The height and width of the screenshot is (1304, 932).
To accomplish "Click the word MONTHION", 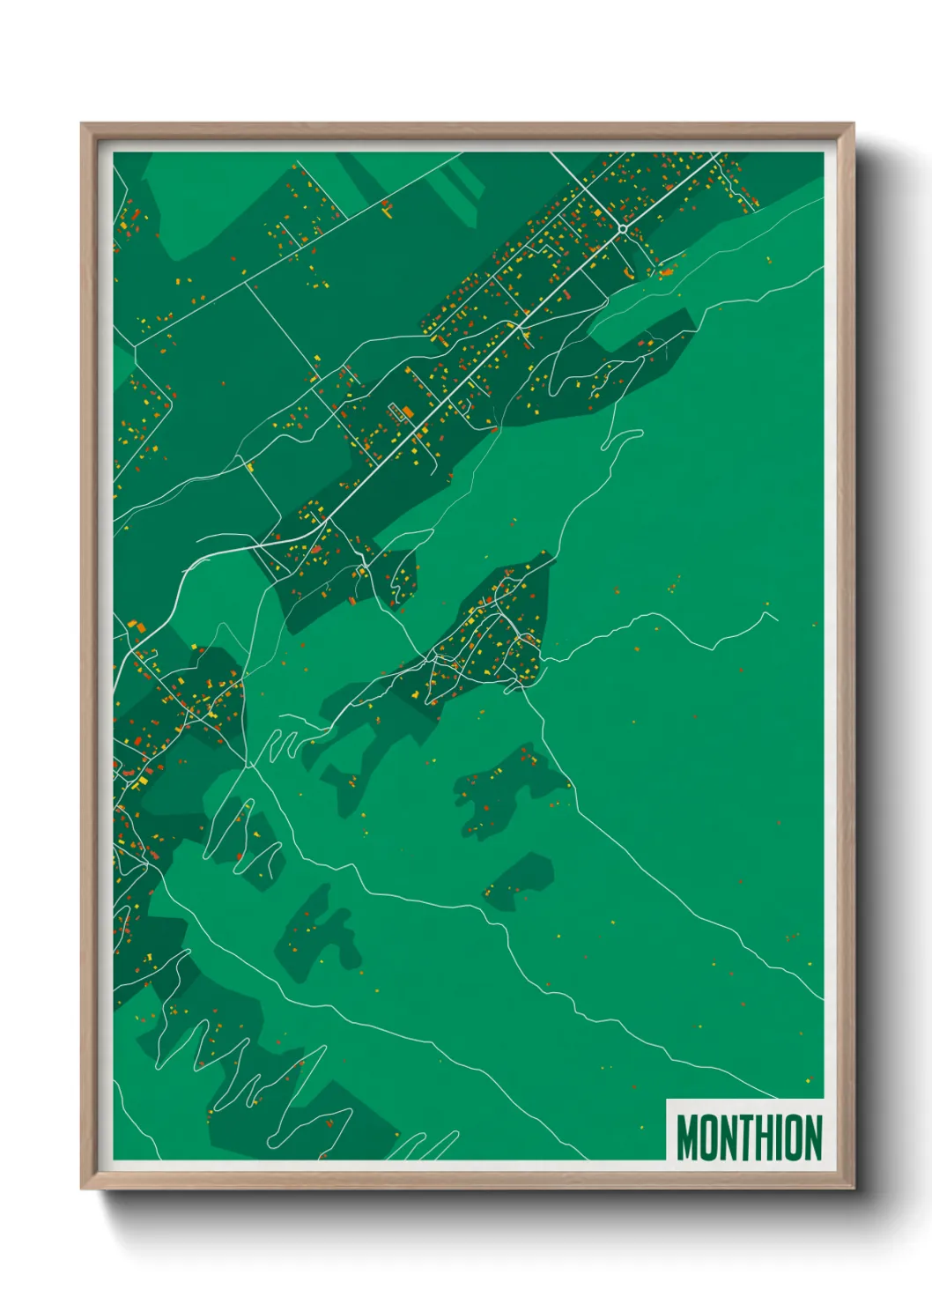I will (x=749, y=1137).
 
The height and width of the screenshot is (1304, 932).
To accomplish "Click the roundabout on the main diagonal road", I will (x=622, y=228).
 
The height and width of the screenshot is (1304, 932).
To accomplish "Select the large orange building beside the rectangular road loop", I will (x=408, y=411).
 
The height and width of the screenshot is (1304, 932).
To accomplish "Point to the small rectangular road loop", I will (x=395, y=410).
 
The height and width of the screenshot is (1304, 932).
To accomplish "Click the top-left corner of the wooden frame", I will (x=83, y=125).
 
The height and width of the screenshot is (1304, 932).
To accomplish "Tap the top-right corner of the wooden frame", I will (x=852, y=125).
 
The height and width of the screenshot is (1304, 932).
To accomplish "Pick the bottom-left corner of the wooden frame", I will (x=83, y=1188).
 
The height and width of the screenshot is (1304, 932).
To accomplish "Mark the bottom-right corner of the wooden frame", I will (x=852, y=1188).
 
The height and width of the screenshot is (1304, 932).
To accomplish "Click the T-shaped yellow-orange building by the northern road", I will (x=386, y=209).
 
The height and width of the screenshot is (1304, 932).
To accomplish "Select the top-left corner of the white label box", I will (x=667, y=1100).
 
